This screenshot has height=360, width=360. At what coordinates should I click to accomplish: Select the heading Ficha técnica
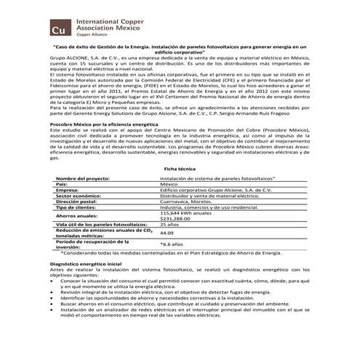pos(179,188)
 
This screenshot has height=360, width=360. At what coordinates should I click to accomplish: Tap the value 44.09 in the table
pos(167,254)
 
